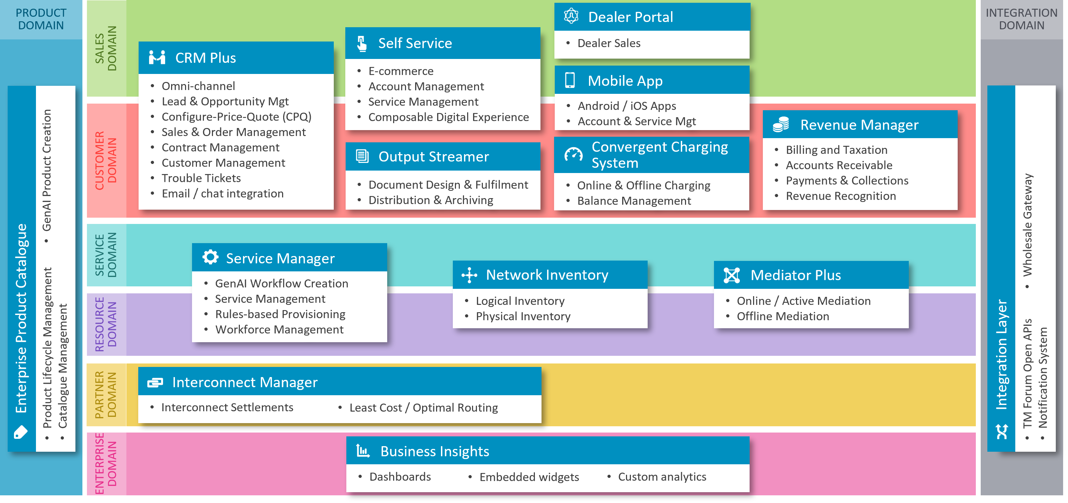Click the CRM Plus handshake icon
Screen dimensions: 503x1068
pyautogui.click(x=157, y=58)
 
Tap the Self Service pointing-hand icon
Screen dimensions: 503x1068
pyautogui.click(x=362, y=43)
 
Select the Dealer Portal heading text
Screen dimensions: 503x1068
pyautogui.click(x=630, y=17)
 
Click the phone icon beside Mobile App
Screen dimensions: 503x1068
pyautogui.click(x=570, y=80)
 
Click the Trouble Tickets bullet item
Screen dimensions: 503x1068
pyautogui.click(x=201, y=178)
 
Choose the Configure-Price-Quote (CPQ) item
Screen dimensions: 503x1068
pyautogui.click(x=236, y=117)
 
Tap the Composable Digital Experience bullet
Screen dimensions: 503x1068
pyautogui.click(x=448, y=117)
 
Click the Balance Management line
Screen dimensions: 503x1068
pyautogui.click(x=634, y=201)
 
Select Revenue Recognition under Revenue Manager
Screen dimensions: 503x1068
pyautogui.click(x=841, y=196)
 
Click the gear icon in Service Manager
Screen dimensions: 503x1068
pyautogui.click(x=210, y=257)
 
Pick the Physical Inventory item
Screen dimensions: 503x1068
pyautogui.click(x=523, y=316)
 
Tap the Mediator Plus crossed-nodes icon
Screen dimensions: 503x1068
pyautogui.click(x=731, y=275)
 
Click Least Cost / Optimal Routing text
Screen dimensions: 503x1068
pyautogui.click(x=423, y=408)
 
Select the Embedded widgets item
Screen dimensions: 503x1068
pyautogui.click(x=529, y=477)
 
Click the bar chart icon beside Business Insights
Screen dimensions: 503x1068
pyautogui.click(x=363, y=451)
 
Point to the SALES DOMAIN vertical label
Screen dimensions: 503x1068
pyautogui.click(x=106, y=48)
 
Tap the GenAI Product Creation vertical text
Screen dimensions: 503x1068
pyautogui.click(x=47, y=170)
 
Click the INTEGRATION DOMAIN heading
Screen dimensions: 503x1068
pyautogui.click(x=1021, y=19)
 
